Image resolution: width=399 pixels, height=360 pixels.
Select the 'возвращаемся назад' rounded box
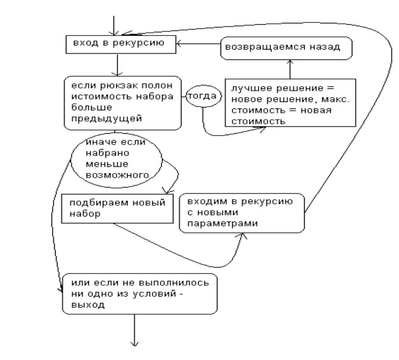coord(285,48)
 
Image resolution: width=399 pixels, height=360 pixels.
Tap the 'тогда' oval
coord(202,97)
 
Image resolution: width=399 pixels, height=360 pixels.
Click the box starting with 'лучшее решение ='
coord(290,103)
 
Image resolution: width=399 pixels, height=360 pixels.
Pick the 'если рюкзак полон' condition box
coord(122,103)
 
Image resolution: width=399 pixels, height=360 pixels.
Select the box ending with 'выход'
coord(140,293)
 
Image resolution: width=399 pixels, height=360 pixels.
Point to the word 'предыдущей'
coord(106,118)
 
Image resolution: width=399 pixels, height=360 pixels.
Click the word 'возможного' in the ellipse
coord(118,175)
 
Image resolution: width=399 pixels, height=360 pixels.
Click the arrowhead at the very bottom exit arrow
coord(135,345)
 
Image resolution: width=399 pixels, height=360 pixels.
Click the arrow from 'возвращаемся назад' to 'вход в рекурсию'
coord(198,44)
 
